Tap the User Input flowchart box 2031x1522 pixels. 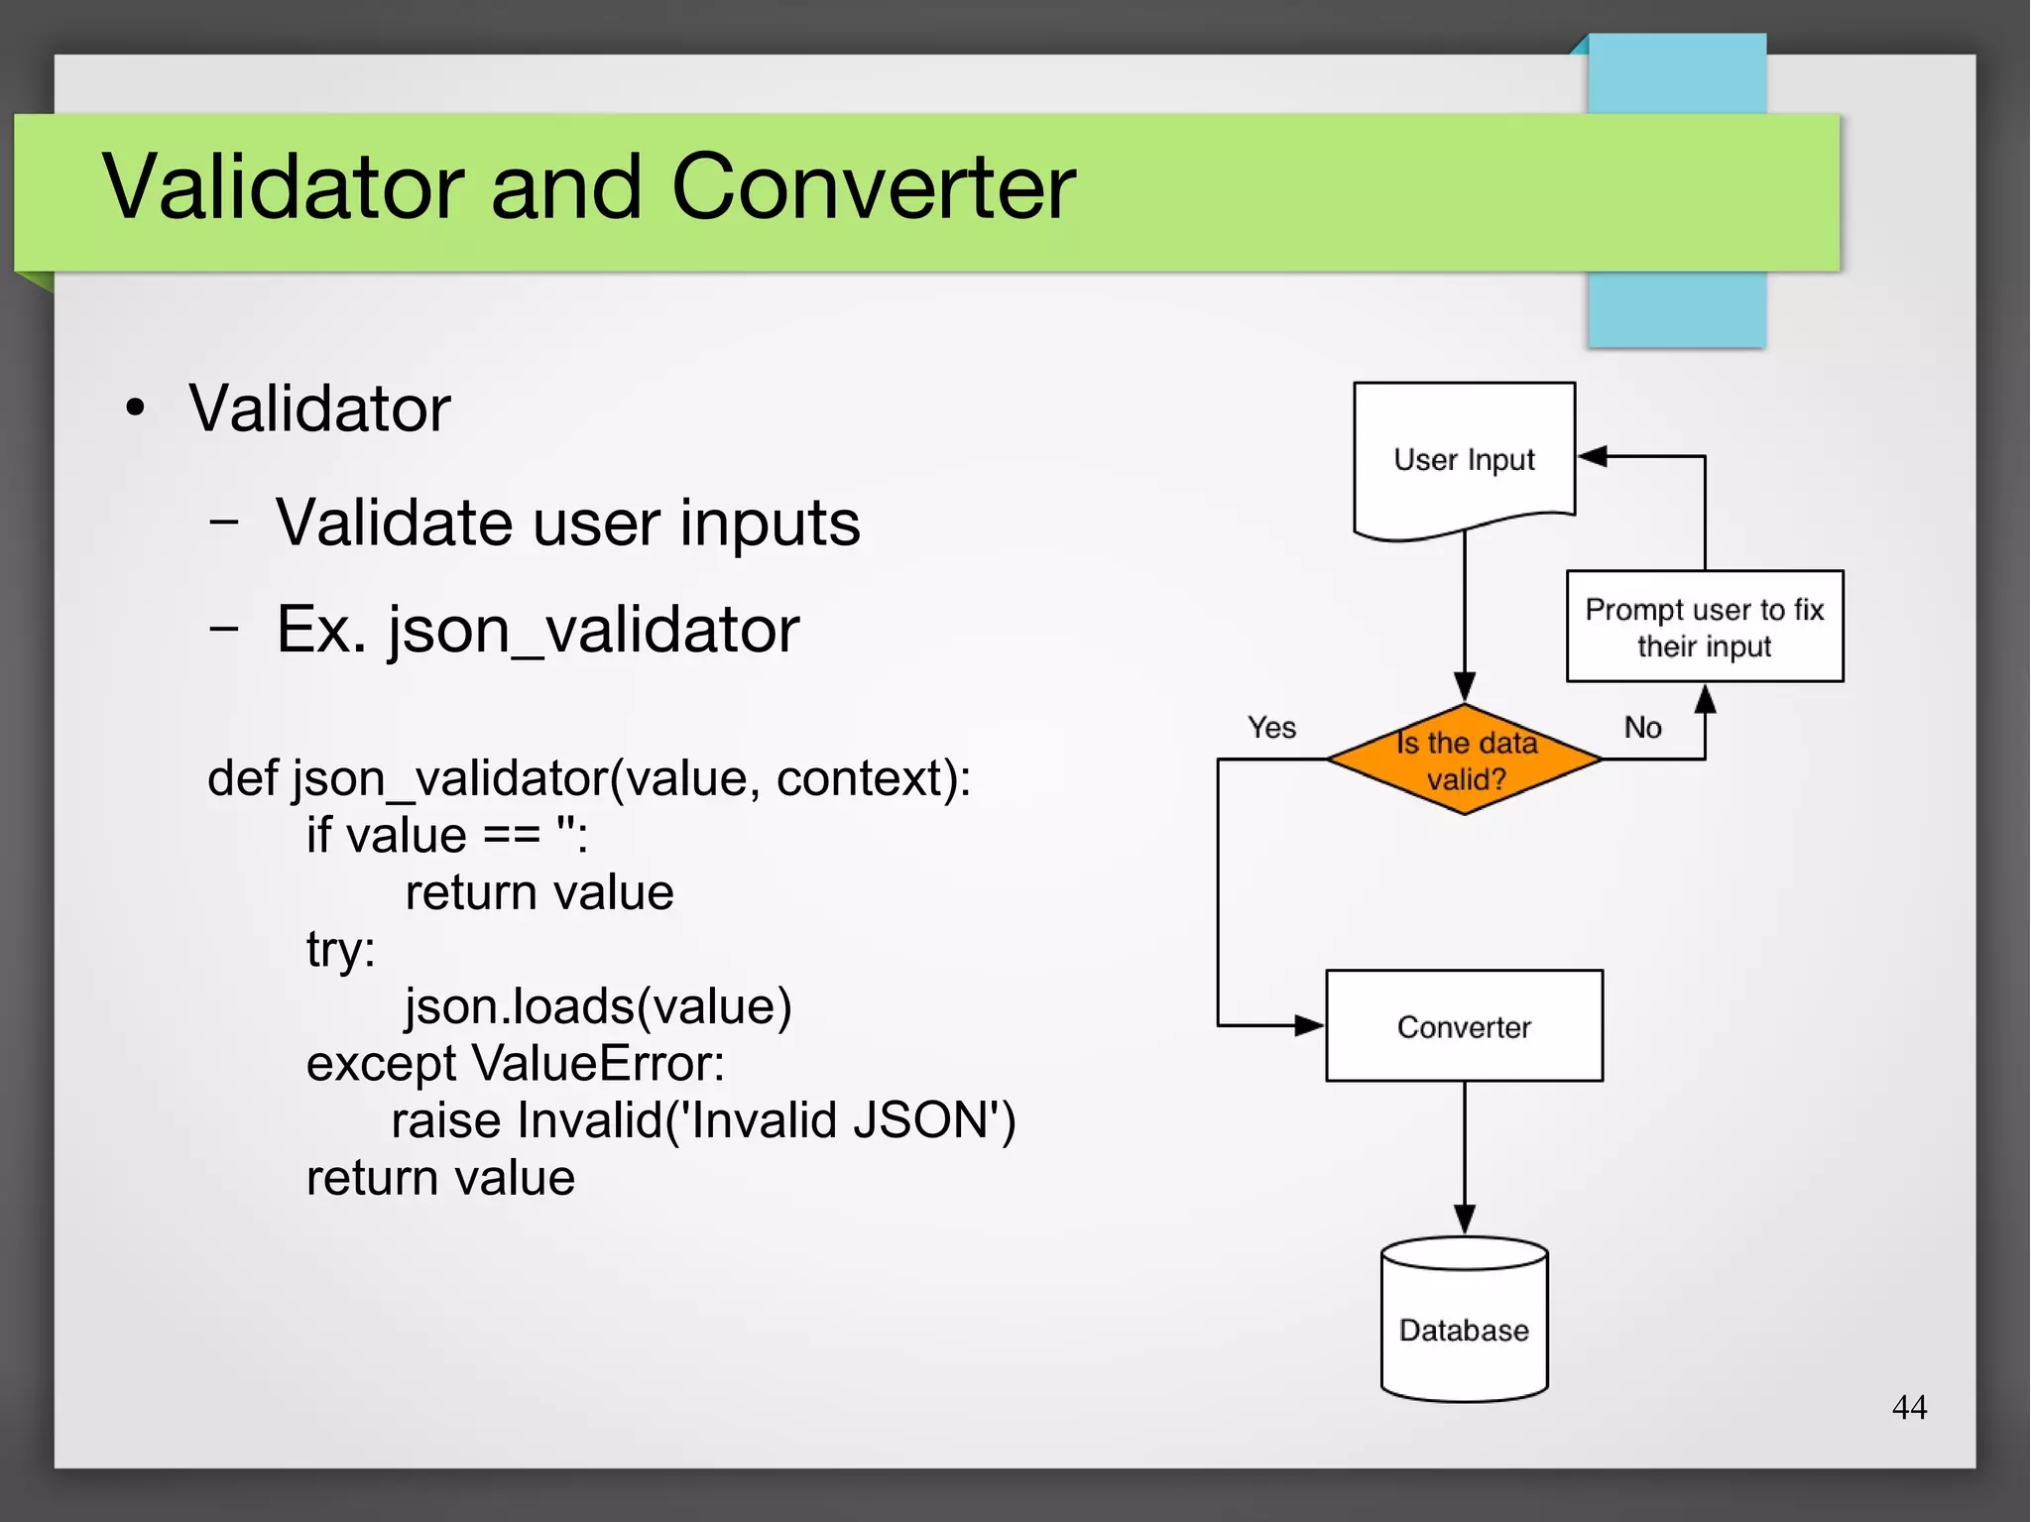coord(1464,459)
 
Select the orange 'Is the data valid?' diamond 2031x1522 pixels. coord(1465,761)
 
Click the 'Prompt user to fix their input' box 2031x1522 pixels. coord(1704,627)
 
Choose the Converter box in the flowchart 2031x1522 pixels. coord(1464,1026)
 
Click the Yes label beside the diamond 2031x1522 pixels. coord(1271,728)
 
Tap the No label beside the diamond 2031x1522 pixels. coord(1642,728)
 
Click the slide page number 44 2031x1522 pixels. coord(1909,1407)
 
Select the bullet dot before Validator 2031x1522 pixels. coord(136,408)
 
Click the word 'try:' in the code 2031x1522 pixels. coord(340,950)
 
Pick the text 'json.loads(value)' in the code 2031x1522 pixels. coord(598,1006)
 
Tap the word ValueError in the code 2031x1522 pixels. coord(598,1064)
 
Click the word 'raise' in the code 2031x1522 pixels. coord(445,1121)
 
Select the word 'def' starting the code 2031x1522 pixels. coord(243,778)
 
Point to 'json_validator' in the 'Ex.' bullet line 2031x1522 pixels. coord(593,630)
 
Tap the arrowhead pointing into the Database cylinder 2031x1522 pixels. coord(1465,1220)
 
